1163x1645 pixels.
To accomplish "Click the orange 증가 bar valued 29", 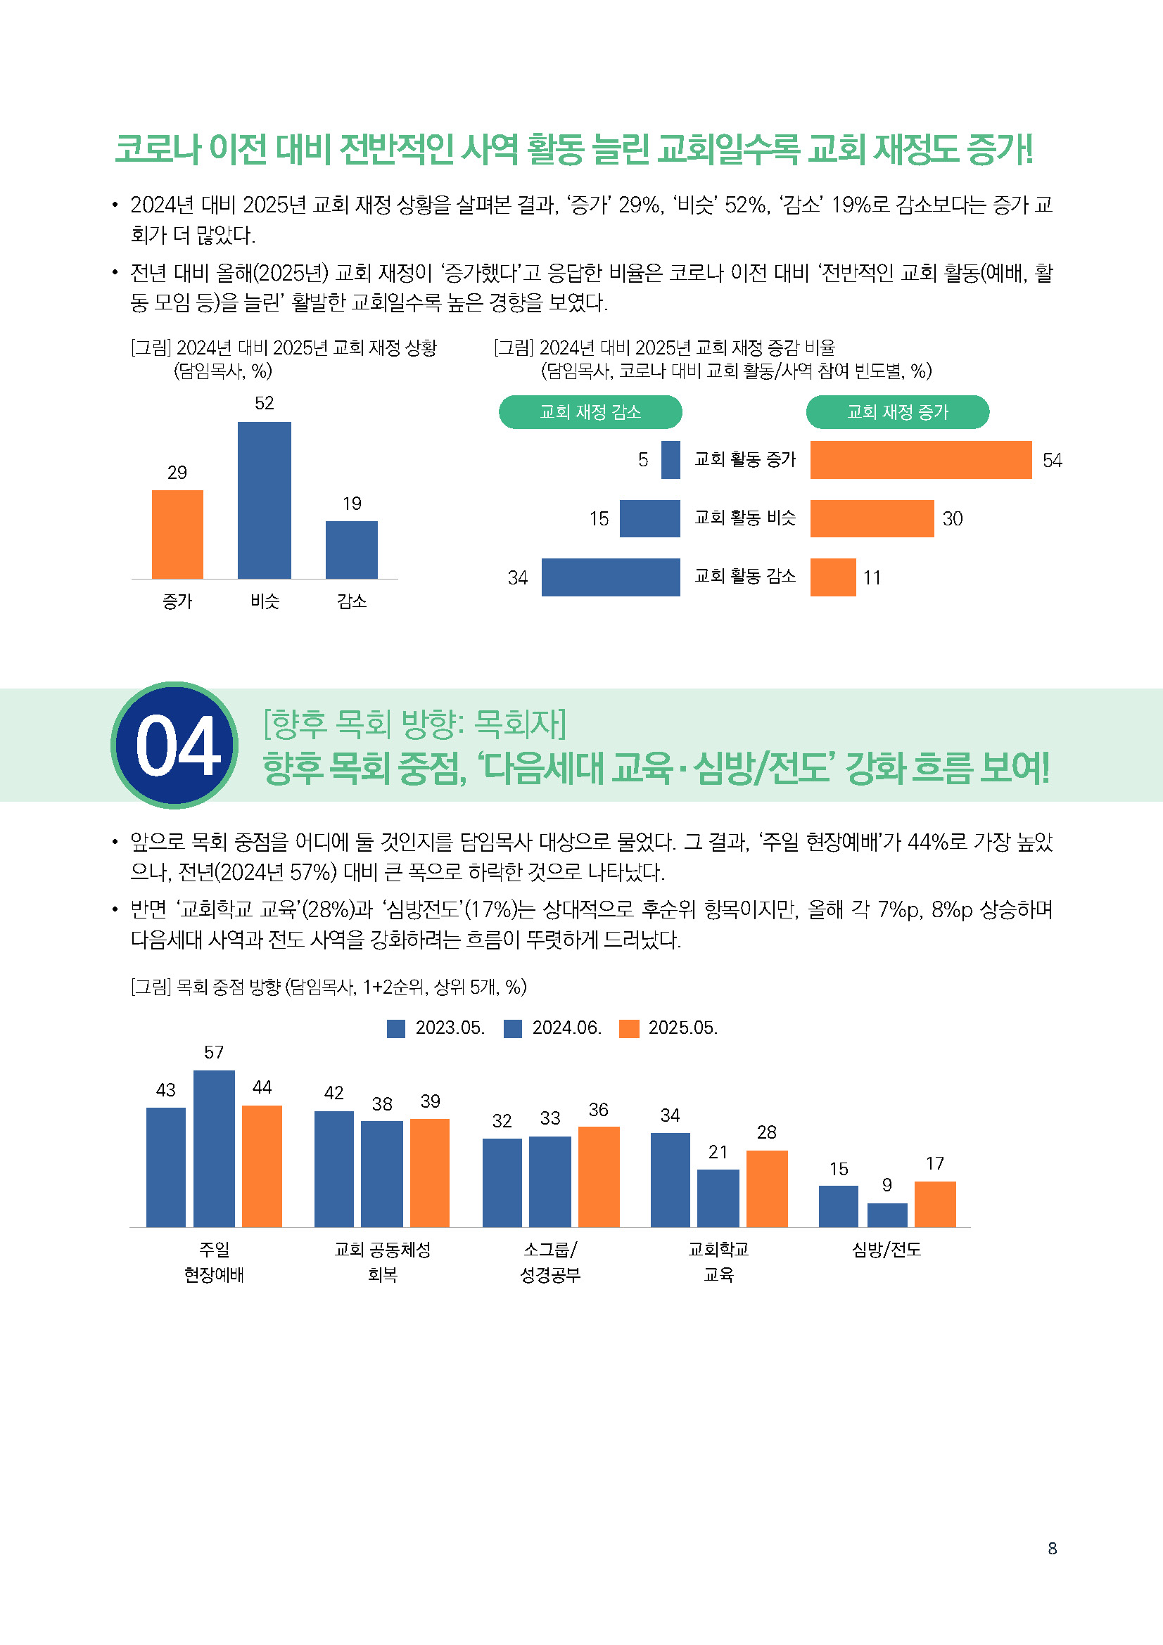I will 177,534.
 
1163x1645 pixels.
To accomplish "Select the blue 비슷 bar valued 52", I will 265,500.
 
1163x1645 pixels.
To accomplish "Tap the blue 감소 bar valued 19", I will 351,549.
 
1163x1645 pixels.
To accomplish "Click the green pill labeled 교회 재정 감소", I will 590,412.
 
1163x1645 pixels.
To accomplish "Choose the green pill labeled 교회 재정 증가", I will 897,412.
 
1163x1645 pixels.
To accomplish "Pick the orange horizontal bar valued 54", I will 920,460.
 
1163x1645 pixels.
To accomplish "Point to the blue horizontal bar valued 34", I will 611,577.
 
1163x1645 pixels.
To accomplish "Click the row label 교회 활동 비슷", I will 744,518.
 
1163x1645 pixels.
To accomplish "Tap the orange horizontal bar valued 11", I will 832,577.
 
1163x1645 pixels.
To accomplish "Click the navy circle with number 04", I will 176,745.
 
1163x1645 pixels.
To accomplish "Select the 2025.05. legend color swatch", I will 628,1029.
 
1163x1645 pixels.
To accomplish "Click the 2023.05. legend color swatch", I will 395,1029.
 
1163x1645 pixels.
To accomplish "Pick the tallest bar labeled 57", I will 214,1148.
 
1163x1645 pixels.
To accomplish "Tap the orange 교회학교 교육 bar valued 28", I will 767,1189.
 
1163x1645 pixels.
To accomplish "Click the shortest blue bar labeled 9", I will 887,1215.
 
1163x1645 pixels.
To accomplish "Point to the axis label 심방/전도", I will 886,1250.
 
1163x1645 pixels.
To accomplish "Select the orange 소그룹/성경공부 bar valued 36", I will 598,1177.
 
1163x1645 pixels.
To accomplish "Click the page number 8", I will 1052,1548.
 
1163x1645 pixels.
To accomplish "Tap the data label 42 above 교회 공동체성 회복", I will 334,1093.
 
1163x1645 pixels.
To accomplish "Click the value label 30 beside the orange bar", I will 953,519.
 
